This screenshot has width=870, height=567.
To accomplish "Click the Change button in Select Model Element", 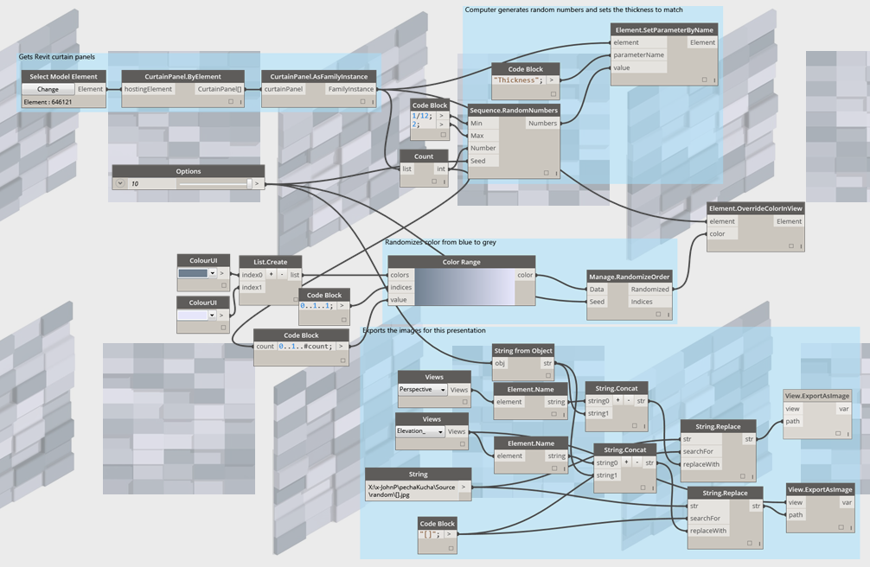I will pyautogui.click(x=48, y=89).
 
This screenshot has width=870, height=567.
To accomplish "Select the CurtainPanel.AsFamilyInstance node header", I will pyautogui.click(x=319, y=77).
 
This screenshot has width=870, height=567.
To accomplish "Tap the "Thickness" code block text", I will pyautogui.click(x=517, y=80).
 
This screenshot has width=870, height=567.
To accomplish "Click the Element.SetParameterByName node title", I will pyautogui.click(x=663, y=30).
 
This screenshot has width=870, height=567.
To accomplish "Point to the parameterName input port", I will pyautogui.click(x=639, y=54).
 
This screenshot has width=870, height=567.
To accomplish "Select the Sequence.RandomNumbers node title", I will pyautogui.click(x=514, y=111).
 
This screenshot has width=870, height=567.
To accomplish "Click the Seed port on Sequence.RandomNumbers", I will pyautogui.click(x=478, y=161).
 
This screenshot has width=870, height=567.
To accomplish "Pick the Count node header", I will pyautogui.click(x=424, y=156).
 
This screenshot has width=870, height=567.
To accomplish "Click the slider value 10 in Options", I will pyautogui.click(x=135, y=184).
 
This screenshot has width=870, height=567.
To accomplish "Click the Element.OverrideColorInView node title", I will pyautogui.click(x=755, y=208).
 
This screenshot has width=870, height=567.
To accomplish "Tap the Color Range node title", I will pyautogui.click(x=461, y=262).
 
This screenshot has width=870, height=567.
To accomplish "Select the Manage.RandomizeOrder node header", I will pyautogui.click(x=630, y=277).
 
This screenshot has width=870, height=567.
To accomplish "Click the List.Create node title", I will pyautogui.click(x=271, y=262).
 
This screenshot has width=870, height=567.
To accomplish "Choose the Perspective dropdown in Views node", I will pyautogui.click(x=422, y=390).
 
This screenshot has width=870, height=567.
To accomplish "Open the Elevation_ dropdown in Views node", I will pyautogui.click(x=419, y=431).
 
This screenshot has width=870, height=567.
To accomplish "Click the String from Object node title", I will pyautogui.click(x=522, y=351).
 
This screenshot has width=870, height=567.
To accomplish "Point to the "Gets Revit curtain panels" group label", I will pyautogui.click(x=57, y=57).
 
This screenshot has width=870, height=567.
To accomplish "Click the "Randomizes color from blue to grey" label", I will pyautogui.click(x=440, y=242).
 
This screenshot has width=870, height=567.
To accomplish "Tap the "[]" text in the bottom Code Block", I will pyautogui.click(x=430, y=534).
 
